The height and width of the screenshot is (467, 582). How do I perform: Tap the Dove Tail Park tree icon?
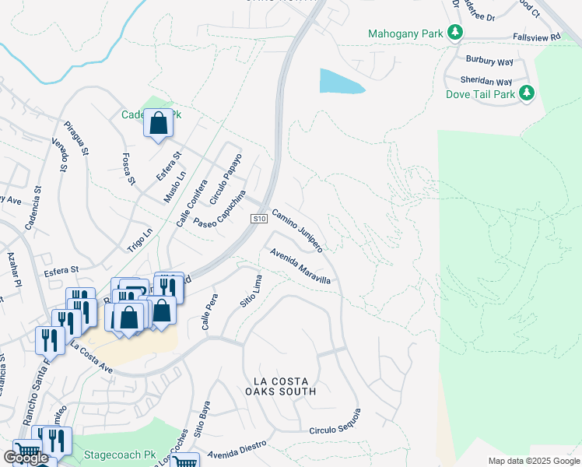pyautogui.click(x=527, y=93)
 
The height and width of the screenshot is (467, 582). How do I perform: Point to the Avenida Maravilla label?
pyautogui.click(x=300, y=267)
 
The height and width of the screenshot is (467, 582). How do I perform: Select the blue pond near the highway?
pyautogui.click(x=340, y=81)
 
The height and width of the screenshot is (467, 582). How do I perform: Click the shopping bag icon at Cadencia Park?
pyautogui.click(x=158, y=123)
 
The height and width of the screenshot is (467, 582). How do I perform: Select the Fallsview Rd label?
pyautogui.click(x=536, y=37)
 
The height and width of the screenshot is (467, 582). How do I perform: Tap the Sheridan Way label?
pyautogui.click(x=488, y=81)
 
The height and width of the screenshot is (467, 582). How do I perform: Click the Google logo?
pyautogui.click(x=27, y=458)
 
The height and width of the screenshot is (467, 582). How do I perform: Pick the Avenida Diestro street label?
pyautogui.click(x=237, y=449)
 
